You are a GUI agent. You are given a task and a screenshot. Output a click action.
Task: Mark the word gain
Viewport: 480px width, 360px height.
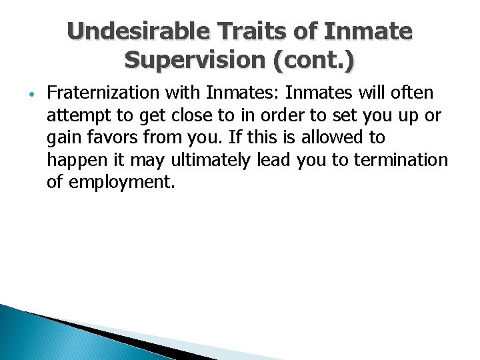click(61, 137)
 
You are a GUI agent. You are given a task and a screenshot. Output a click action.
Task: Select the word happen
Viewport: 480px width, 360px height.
click(74, 160)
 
